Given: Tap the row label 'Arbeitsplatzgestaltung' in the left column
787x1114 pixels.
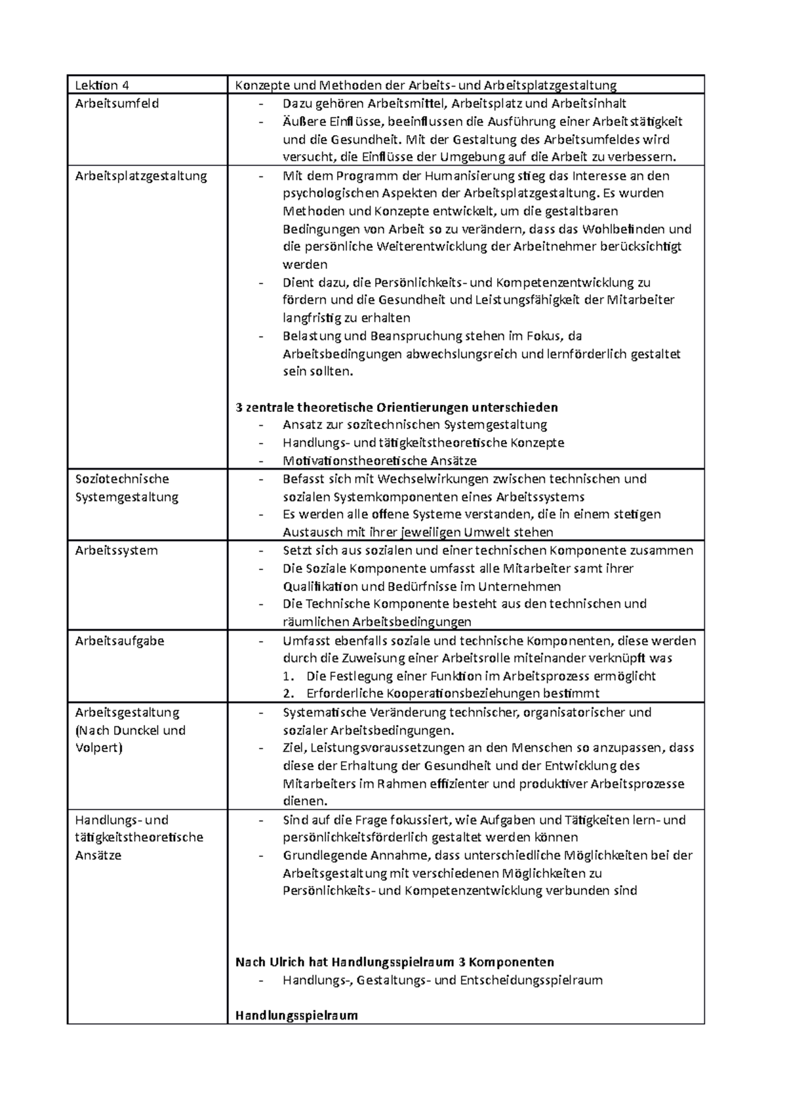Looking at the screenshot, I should click(x=141, y=176).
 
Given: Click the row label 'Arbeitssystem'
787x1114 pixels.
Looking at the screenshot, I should click(x=116, y=550).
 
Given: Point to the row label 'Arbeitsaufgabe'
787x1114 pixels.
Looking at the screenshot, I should click(x=119, y=641).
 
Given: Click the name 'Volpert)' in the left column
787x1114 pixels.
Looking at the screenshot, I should click(x=99, y=748).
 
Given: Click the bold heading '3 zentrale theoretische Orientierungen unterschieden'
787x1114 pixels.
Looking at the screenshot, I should click(x=396, y=407).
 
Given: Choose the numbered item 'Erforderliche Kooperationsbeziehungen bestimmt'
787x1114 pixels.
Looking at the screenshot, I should click(x=453, y=694).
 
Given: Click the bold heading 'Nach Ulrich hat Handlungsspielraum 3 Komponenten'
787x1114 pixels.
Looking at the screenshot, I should click(x=394, y=962).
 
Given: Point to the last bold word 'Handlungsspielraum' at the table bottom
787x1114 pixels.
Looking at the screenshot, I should click(x=296, y=1016).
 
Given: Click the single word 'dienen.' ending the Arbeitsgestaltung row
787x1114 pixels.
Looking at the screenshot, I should click(x=304, y=801).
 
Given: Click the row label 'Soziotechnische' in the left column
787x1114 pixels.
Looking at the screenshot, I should click(x=122, y=479).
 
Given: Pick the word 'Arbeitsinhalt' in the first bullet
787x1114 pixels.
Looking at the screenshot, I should click(x=588, y=104).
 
